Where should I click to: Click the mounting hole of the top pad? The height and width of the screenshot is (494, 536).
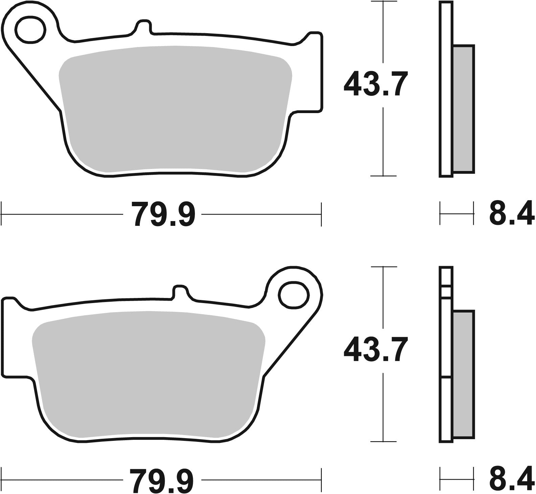point(30,30)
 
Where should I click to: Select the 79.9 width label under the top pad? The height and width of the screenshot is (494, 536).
point(163,214)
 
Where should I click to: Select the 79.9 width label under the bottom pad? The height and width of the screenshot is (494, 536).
point(163,480)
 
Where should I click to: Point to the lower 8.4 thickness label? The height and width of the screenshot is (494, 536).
point(512,480)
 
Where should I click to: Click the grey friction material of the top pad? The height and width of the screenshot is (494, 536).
point(174,108)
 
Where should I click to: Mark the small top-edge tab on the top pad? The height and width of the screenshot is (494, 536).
point(144,27)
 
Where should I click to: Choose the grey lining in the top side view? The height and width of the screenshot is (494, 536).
point(463,108)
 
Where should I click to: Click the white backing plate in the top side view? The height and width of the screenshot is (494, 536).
point(445,102)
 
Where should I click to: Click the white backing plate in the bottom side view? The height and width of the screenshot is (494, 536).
point(445,339)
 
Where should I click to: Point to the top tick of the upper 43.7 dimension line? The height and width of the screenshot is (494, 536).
point(383,2)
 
